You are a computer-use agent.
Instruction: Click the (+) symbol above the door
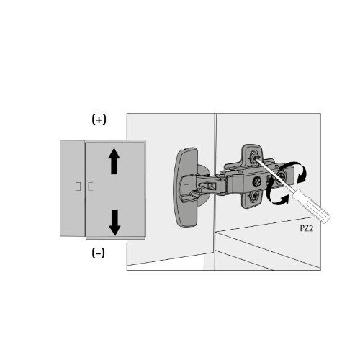click(x=99, y=120)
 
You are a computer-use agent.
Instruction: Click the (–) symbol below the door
click(x=98, y=253)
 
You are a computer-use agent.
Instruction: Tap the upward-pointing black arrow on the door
click(x=114, y=161)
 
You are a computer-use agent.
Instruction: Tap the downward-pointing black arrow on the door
click(x=114, y=222)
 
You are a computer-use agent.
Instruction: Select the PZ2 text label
click(x=307, y=228)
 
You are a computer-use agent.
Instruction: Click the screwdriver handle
click(x=311, y=206)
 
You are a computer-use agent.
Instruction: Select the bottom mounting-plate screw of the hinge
click(x=254, y=196)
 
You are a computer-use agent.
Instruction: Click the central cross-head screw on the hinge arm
click(x=257, y=181)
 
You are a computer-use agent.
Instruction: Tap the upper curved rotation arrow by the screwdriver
click(x=294, y=171)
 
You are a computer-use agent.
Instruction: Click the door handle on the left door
click(x=78, y=186)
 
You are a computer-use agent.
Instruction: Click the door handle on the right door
click(x=90, y=186)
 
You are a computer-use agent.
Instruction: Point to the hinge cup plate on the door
click(x=186, y=187)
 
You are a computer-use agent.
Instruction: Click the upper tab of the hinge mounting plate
click(x=252, y=154)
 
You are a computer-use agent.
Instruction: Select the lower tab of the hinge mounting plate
click(x=253, y=199)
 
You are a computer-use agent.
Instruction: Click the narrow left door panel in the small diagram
click(x=72, y=188)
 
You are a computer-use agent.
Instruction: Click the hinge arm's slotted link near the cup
click(x=207, y=185)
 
